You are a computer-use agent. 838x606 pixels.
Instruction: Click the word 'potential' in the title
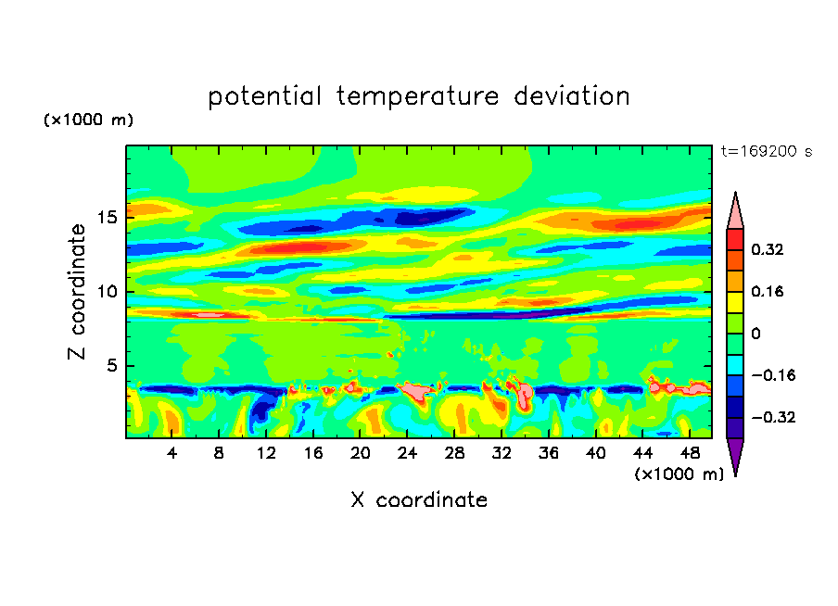(x=265, y=96)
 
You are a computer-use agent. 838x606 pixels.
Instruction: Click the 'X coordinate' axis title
(x=419, y=500)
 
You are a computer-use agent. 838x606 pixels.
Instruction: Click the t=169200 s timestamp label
(x=766, y=151)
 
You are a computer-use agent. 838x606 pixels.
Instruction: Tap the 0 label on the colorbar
(x=756, y=334)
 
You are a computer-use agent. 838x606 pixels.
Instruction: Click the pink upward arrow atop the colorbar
(x=734, y=210)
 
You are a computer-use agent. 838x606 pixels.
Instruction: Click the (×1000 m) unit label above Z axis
(x=88, y=120)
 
